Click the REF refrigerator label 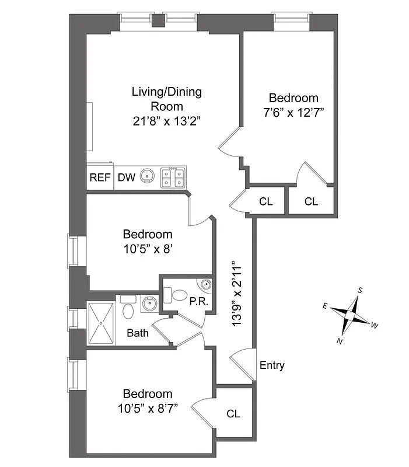pyautogui.click(x=100, y=177)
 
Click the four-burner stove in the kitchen pyautogui.click(x=174, y=176)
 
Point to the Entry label pyautogui.click(x=272, y=365)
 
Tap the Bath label pyautogui.click(x=138, y=334)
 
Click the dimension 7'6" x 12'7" pyautogui.click(x=293, y=111)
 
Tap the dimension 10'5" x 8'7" pyautogui.click(x=148, y=407)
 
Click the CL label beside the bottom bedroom pyautogui.click(x=233, y=414)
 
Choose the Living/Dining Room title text pyautogui.click(x=167, y=99)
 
